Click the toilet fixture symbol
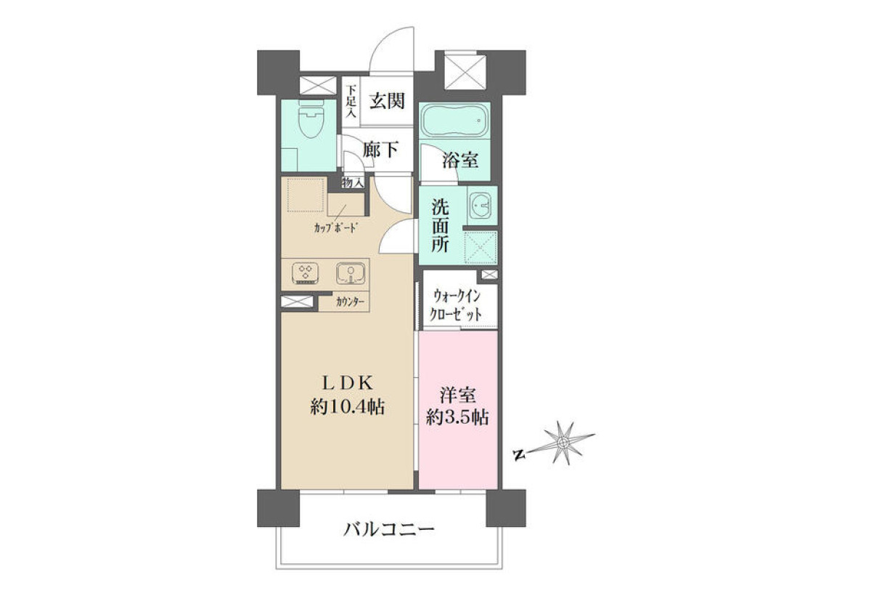311,118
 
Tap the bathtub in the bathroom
454,120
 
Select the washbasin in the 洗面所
481,205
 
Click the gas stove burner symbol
306,273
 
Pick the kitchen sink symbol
351,273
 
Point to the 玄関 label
387,101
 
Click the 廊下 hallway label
380,149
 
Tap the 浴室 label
460,160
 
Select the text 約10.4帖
347,408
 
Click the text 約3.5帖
457,418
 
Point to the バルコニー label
388,529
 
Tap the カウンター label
351,302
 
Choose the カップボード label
335,227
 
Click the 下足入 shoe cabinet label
351,101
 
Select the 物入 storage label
353,182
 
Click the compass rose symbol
563,443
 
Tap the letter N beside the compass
517,454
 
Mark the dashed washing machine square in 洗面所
481,248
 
